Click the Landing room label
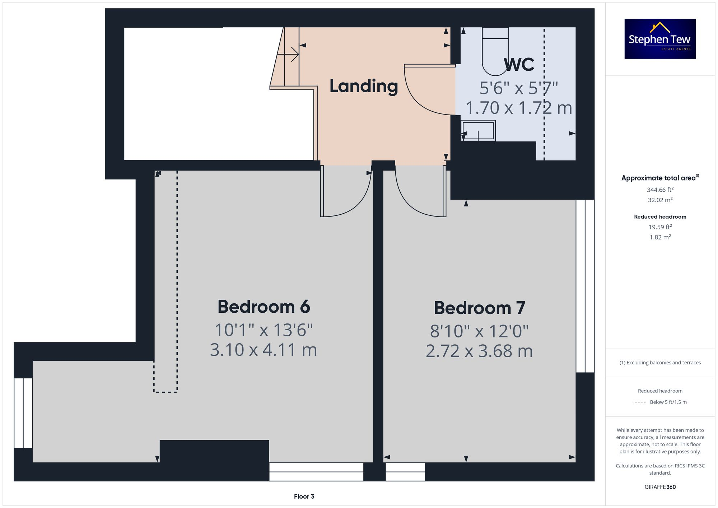point(364,86)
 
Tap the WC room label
point(519,65)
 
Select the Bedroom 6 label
point(264,307)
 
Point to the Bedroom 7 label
point(479,308)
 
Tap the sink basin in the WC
point(479,130)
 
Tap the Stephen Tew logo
point(660,39)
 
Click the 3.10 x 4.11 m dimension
point(264,350)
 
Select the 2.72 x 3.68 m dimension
point(479,351)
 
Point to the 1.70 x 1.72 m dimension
point(519,108)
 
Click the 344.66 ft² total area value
point(660,190)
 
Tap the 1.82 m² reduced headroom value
point(660,237)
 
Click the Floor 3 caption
point(304,496)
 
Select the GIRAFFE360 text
point(660,487)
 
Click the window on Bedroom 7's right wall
point(585,286)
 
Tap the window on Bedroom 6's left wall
point(23,413)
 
